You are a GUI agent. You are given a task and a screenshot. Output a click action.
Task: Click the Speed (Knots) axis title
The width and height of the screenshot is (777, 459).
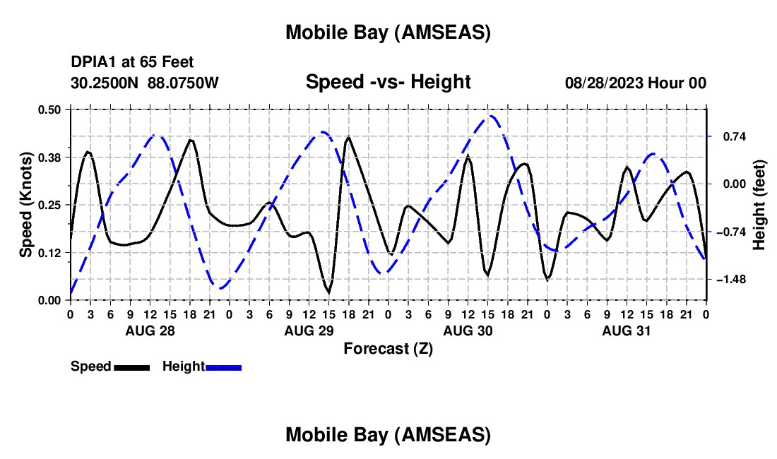tap(26, 205)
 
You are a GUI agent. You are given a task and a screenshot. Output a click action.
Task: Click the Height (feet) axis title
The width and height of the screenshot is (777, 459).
tap(759, 205)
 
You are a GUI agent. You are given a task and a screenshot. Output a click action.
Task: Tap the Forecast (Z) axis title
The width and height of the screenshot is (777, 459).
tap(388, 348)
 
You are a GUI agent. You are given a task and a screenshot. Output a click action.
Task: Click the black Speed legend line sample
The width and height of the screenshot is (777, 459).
tap(131, 367)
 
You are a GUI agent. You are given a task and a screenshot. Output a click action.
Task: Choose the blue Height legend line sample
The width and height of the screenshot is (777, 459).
tap(223, 367)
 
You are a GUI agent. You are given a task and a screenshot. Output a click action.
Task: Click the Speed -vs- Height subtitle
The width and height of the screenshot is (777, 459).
tap(388, 82)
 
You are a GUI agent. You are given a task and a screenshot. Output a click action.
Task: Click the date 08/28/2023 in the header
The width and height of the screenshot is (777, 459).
tap(603, 83)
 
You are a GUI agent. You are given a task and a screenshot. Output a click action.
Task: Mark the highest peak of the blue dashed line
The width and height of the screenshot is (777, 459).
tap(491, 116)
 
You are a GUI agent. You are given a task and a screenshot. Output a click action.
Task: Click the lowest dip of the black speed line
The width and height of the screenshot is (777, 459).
tap(328, 292)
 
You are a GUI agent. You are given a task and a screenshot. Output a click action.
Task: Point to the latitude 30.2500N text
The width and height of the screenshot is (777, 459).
tap(105, 83)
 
